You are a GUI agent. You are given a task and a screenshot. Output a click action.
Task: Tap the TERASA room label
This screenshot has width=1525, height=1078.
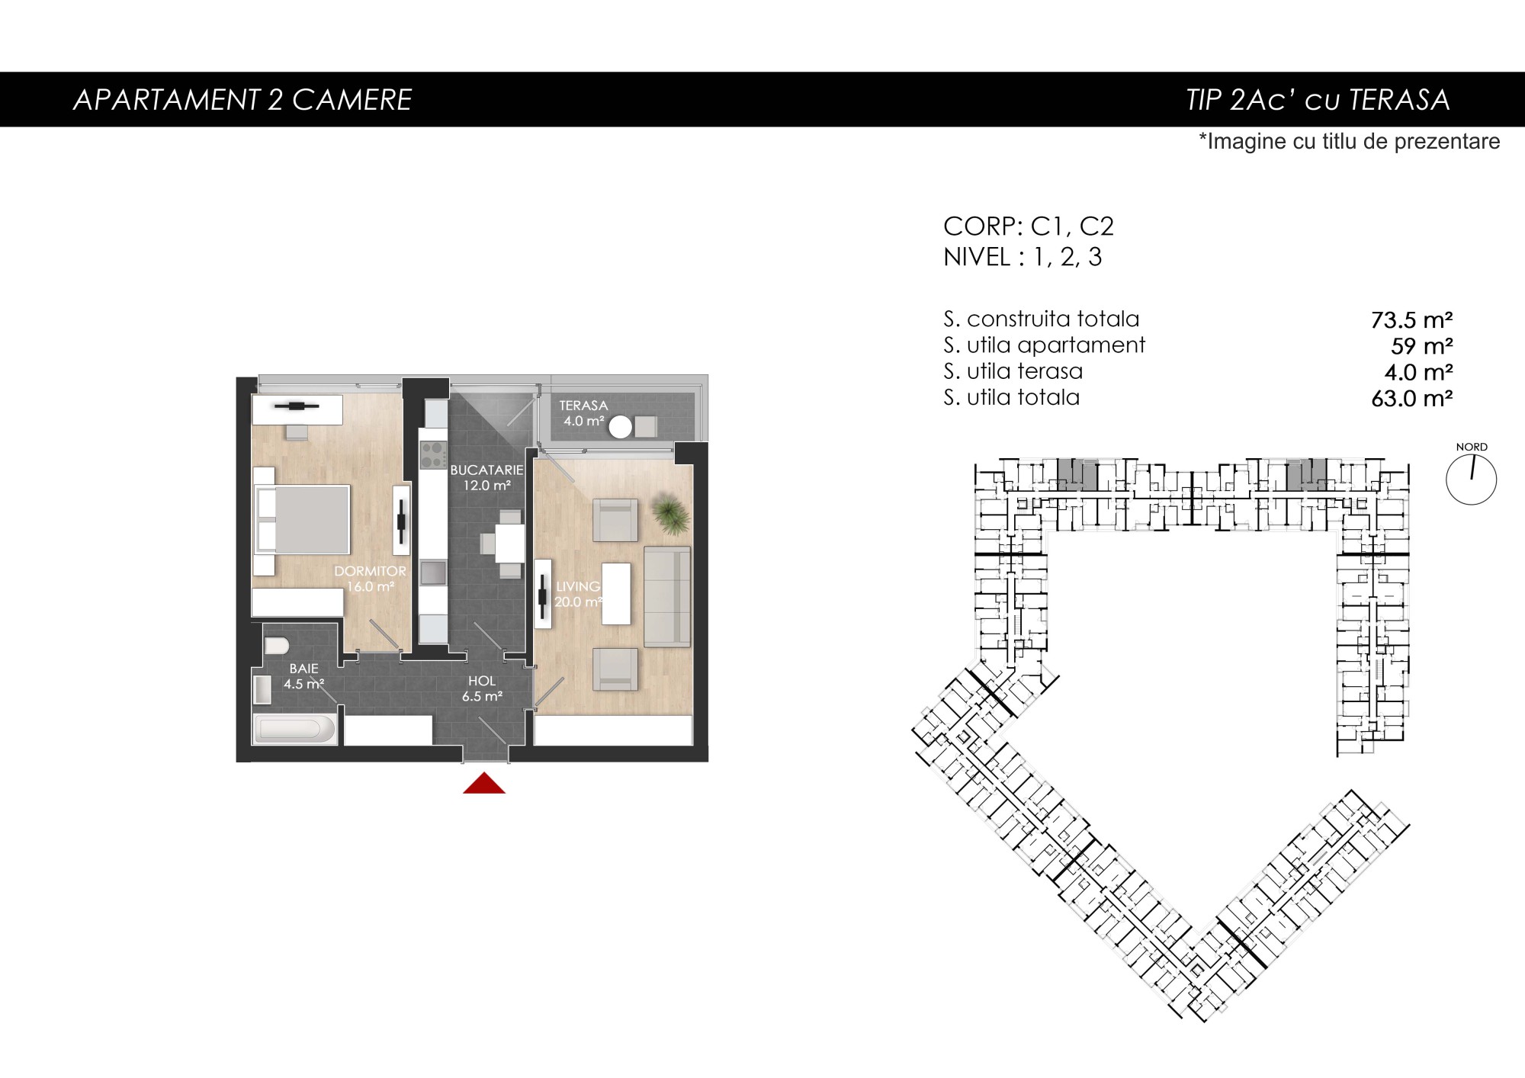583,406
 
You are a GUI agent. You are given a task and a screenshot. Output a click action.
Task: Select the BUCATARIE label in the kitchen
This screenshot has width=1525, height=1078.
486,470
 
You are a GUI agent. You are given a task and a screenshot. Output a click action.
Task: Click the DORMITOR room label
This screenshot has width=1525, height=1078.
370,571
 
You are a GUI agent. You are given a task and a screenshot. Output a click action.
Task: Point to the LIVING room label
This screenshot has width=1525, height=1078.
578,586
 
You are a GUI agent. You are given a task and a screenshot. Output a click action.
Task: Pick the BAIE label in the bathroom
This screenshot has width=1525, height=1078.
303,669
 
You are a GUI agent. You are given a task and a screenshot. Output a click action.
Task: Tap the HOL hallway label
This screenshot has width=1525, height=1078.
482,681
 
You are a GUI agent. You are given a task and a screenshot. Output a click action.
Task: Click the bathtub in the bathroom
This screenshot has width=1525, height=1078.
295,729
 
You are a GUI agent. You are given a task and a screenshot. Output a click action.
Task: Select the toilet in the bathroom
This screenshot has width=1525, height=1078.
276,646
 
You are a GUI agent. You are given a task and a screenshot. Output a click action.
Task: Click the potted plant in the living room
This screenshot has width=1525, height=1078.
671,514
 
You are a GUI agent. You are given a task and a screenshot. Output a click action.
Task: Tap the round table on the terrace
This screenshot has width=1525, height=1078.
621,427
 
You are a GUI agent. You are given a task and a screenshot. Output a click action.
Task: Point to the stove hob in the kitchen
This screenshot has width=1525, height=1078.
434,455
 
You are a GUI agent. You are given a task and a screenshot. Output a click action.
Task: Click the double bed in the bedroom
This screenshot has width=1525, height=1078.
302,519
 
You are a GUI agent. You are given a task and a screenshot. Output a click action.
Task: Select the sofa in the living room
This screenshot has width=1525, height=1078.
667,596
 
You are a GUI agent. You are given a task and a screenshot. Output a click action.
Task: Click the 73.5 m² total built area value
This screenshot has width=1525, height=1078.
1411,319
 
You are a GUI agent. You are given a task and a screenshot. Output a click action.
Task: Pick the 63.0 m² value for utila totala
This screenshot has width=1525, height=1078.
1411,398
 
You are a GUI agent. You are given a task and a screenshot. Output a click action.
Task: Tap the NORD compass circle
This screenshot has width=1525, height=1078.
1471,480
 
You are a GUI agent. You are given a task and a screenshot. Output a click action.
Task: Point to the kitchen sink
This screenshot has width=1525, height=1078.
433,572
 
